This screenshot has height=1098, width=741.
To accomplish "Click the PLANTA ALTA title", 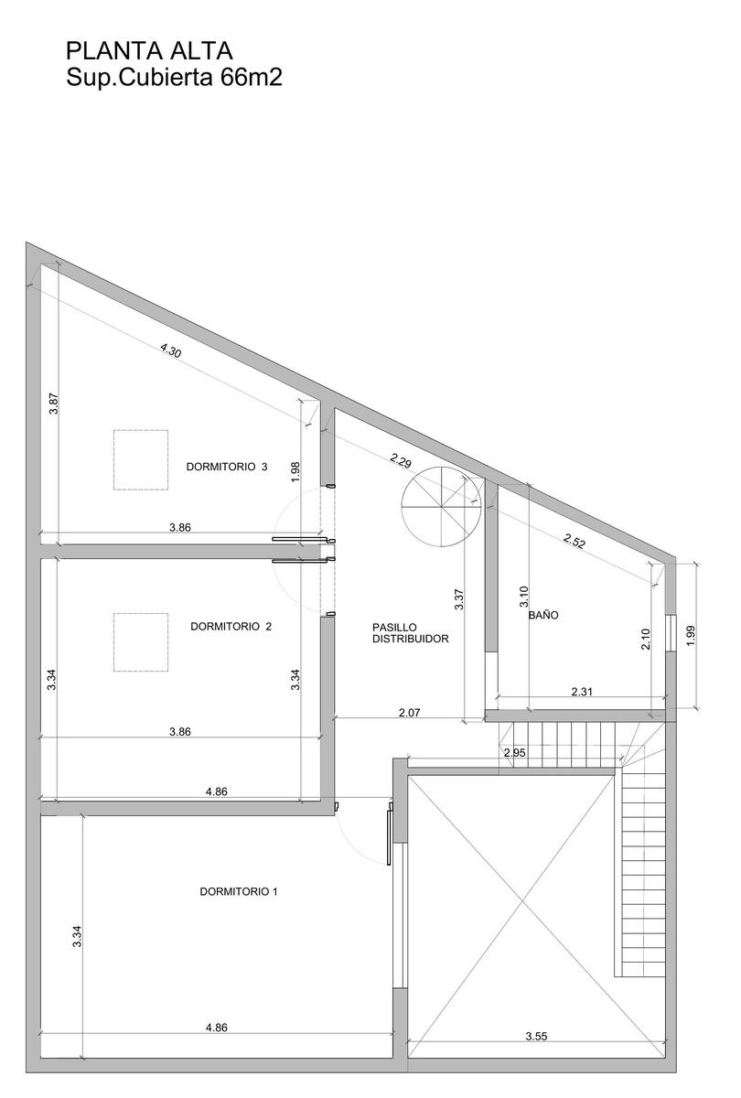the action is click(149, 51).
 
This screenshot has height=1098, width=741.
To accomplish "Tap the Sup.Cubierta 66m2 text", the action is click(175, 78).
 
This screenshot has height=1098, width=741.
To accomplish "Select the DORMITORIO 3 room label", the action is click(227, 467).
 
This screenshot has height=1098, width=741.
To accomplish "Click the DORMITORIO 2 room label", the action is click(231, 627).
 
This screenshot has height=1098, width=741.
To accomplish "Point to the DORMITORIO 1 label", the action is click(239, 891).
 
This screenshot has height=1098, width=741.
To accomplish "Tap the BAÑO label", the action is click(543, 615).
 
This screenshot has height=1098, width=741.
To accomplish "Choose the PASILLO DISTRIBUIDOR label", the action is click(411, 633).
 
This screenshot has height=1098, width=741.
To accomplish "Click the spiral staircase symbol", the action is click(441, 506).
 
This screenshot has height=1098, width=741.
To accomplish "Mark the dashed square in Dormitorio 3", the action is click(141, 459).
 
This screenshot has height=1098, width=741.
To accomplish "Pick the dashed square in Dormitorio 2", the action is click(141, 642).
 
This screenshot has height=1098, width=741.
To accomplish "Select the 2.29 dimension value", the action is click(401, 461).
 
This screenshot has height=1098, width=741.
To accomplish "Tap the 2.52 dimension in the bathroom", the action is click(575, 541).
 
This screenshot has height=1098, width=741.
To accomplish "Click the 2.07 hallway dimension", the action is click(409, 713).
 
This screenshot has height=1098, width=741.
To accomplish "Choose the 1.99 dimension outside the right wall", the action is click(691, 636).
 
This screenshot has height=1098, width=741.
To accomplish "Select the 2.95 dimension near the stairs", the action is click(515, 752).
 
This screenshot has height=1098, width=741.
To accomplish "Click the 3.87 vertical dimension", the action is click(54, 404).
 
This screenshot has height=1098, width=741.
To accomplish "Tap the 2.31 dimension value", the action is click(582, 692).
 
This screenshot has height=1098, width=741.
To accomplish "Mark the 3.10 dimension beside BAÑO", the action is click(524, 597).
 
